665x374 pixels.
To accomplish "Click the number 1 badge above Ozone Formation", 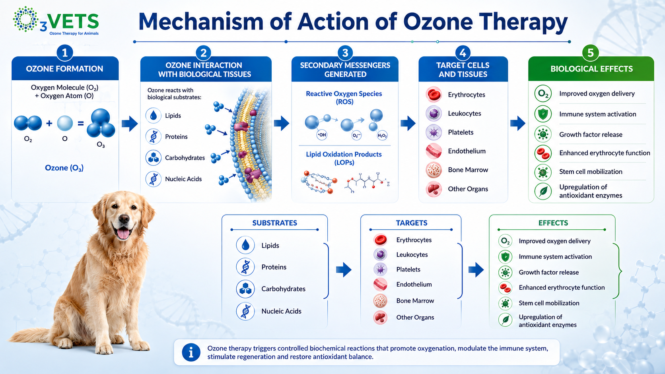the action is coord(64,53).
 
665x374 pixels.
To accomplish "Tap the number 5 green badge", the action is coord(591,53).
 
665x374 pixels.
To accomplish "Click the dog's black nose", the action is coord(124,219).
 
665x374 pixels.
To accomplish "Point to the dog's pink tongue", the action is coord(123,233).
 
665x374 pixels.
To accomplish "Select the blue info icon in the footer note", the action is coord(191,353).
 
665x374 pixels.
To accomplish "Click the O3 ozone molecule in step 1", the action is coord(101,123).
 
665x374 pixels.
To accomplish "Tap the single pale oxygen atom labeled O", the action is coord(65,123).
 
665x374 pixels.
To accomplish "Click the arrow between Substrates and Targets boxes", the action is coord(344,269).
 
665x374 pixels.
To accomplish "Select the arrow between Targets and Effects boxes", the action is coord(476,269).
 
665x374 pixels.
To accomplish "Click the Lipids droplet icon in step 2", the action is coord(154,115).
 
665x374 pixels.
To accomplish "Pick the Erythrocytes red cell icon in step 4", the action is coord(434,95).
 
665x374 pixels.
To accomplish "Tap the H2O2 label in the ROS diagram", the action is coord(382,136).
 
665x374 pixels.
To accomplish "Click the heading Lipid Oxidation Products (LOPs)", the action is coord(344,158).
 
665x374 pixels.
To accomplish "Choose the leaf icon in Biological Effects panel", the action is coord(543,191).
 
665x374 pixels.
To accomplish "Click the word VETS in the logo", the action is coord(73,21).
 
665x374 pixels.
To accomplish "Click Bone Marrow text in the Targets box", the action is coord(415,301).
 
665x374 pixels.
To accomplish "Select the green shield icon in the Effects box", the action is coord(505,257).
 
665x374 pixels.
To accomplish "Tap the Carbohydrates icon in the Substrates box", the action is coord(245,289).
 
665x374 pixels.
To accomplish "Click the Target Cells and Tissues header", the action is coord(463,70).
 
